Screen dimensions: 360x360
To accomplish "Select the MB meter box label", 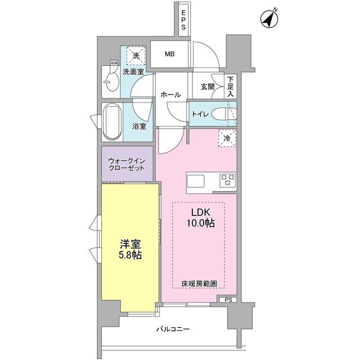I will coord(169,55).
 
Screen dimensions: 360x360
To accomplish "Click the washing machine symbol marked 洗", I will coord(136,56).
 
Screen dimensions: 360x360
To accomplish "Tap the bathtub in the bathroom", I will coord(112,121).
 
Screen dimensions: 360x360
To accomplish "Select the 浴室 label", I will coord(139,126).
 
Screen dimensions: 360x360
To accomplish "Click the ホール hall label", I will coord(170,94).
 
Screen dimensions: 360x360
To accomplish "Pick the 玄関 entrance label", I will coord(208,87).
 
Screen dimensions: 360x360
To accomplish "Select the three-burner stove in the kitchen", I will coord(227,180).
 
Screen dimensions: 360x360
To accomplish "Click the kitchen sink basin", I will coord(196,181).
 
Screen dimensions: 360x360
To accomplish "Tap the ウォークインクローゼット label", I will coord(127,164).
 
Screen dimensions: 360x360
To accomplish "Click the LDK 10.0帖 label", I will coord(200,218).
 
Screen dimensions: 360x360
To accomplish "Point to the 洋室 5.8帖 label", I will coord(130,250).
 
